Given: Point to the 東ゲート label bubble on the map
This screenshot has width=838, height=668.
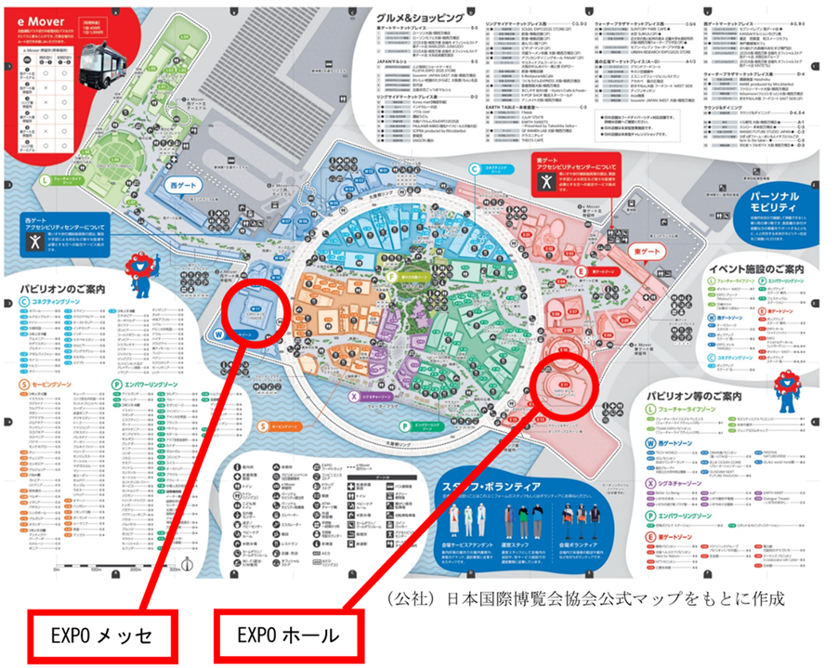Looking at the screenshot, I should pos(647,252).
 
